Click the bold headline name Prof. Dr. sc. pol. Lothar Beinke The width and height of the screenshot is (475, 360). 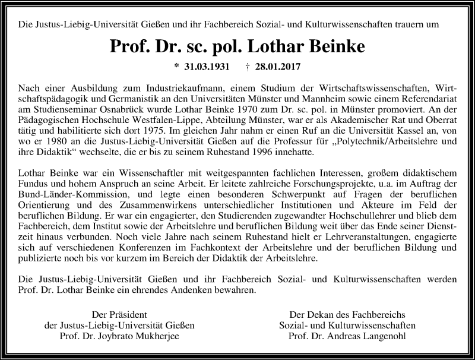237,47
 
